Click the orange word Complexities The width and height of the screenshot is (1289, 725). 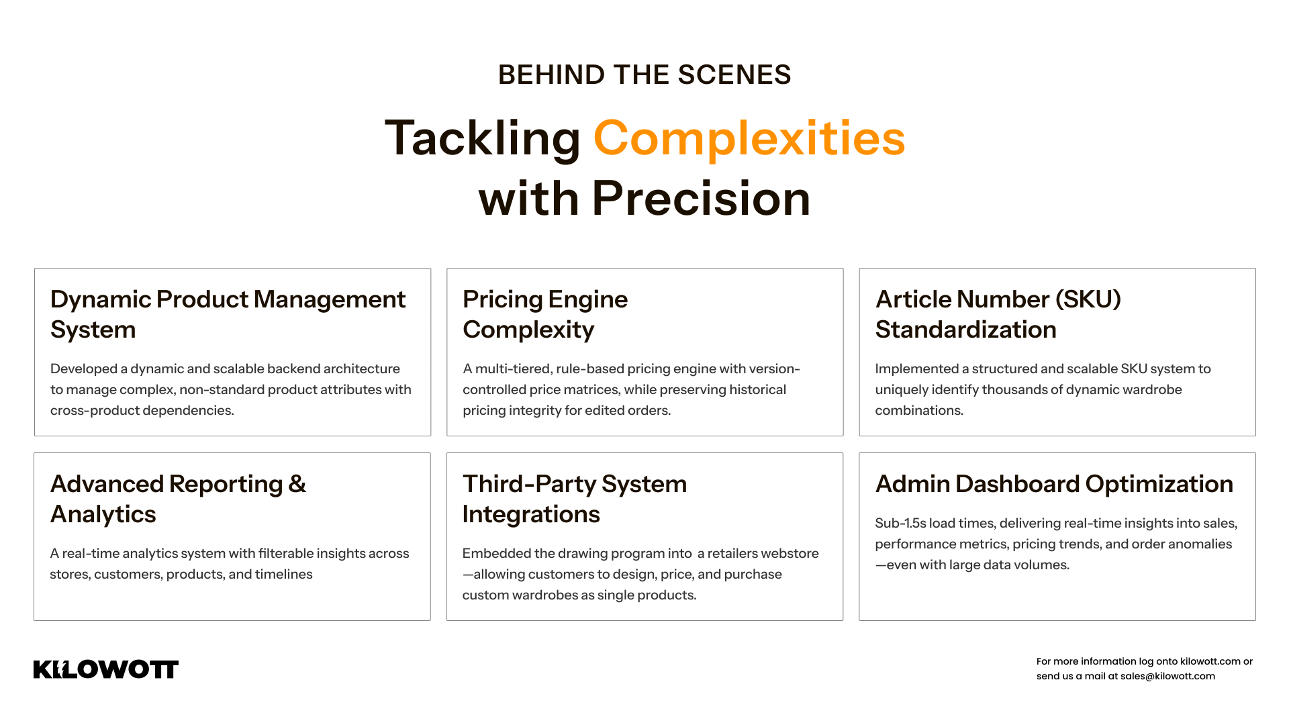coord(749,138)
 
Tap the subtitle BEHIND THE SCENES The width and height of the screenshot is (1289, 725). coord(644,75)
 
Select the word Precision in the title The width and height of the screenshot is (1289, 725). coord(701,199)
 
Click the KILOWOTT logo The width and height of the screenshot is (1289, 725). coord(106,669)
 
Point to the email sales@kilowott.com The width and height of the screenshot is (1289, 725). coord(1167,676)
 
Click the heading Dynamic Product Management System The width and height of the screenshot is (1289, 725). coord(228,314)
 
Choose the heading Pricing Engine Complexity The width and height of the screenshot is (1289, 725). coord(545,314)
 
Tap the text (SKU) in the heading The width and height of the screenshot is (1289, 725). coord(1088,299)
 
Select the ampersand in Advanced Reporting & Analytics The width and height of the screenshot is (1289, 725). coord(297,484)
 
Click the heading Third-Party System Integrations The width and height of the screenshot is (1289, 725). coord(575,499)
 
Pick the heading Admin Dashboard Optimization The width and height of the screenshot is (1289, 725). coord(1054,484)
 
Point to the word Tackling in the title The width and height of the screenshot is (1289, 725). coord(482,138)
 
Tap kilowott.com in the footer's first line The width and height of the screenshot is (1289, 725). coord(1210,661)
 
